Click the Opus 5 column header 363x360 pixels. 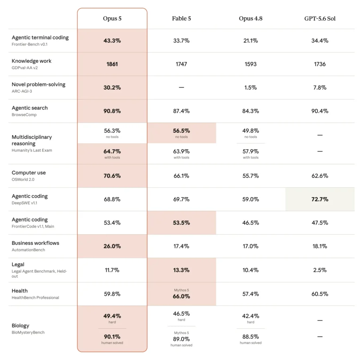(112, 18)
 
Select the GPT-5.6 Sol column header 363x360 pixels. (320, 18)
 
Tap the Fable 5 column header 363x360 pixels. (181, 18)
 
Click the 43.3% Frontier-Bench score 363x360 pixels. (112, 41)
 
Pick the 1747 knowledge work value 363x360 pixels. (181, 64)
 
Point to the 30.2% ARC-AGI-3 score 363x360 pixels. (112, 88)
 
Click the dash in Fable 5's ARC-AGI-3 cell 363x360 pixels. (181, 88)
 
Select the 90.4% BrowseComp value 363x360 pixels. (320, 111)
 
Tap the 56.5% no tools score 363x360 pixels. (181, 131)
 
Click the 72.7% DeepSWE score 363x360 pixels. (320, 200)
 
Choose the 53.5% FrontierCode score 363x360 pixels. (181, 223)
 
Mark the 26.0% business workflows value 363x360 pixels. (112, 246)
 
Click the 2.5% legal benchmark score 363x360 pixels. (320, 270)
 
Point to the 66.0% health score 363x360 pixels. (181, 296)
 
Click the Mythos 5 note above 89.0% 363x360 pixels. (181, 333)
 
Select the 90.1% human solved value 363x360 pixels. (112, 337)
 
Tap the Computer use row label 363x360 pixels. (29, 173)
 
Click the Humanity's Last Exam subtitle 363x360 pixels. (32, 150)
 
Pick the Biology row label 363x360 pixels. (20, 326)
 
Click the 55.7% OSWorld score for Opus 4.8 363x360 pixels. (251, 176)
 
